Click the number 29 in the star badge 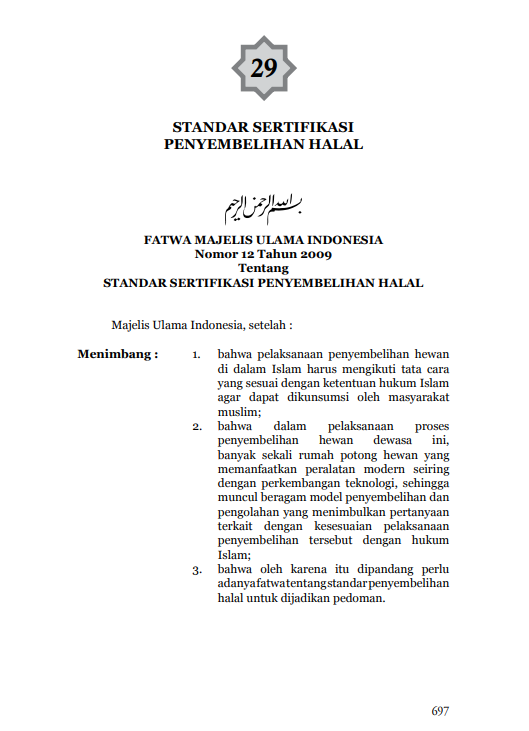coord(264,68)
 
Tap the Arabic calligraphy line coord(264,205)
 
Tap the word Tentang coord(264,268)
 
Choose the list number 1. coord(197,355)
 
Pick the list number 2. coord(197,426)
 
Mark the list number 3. coord(197,570)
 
